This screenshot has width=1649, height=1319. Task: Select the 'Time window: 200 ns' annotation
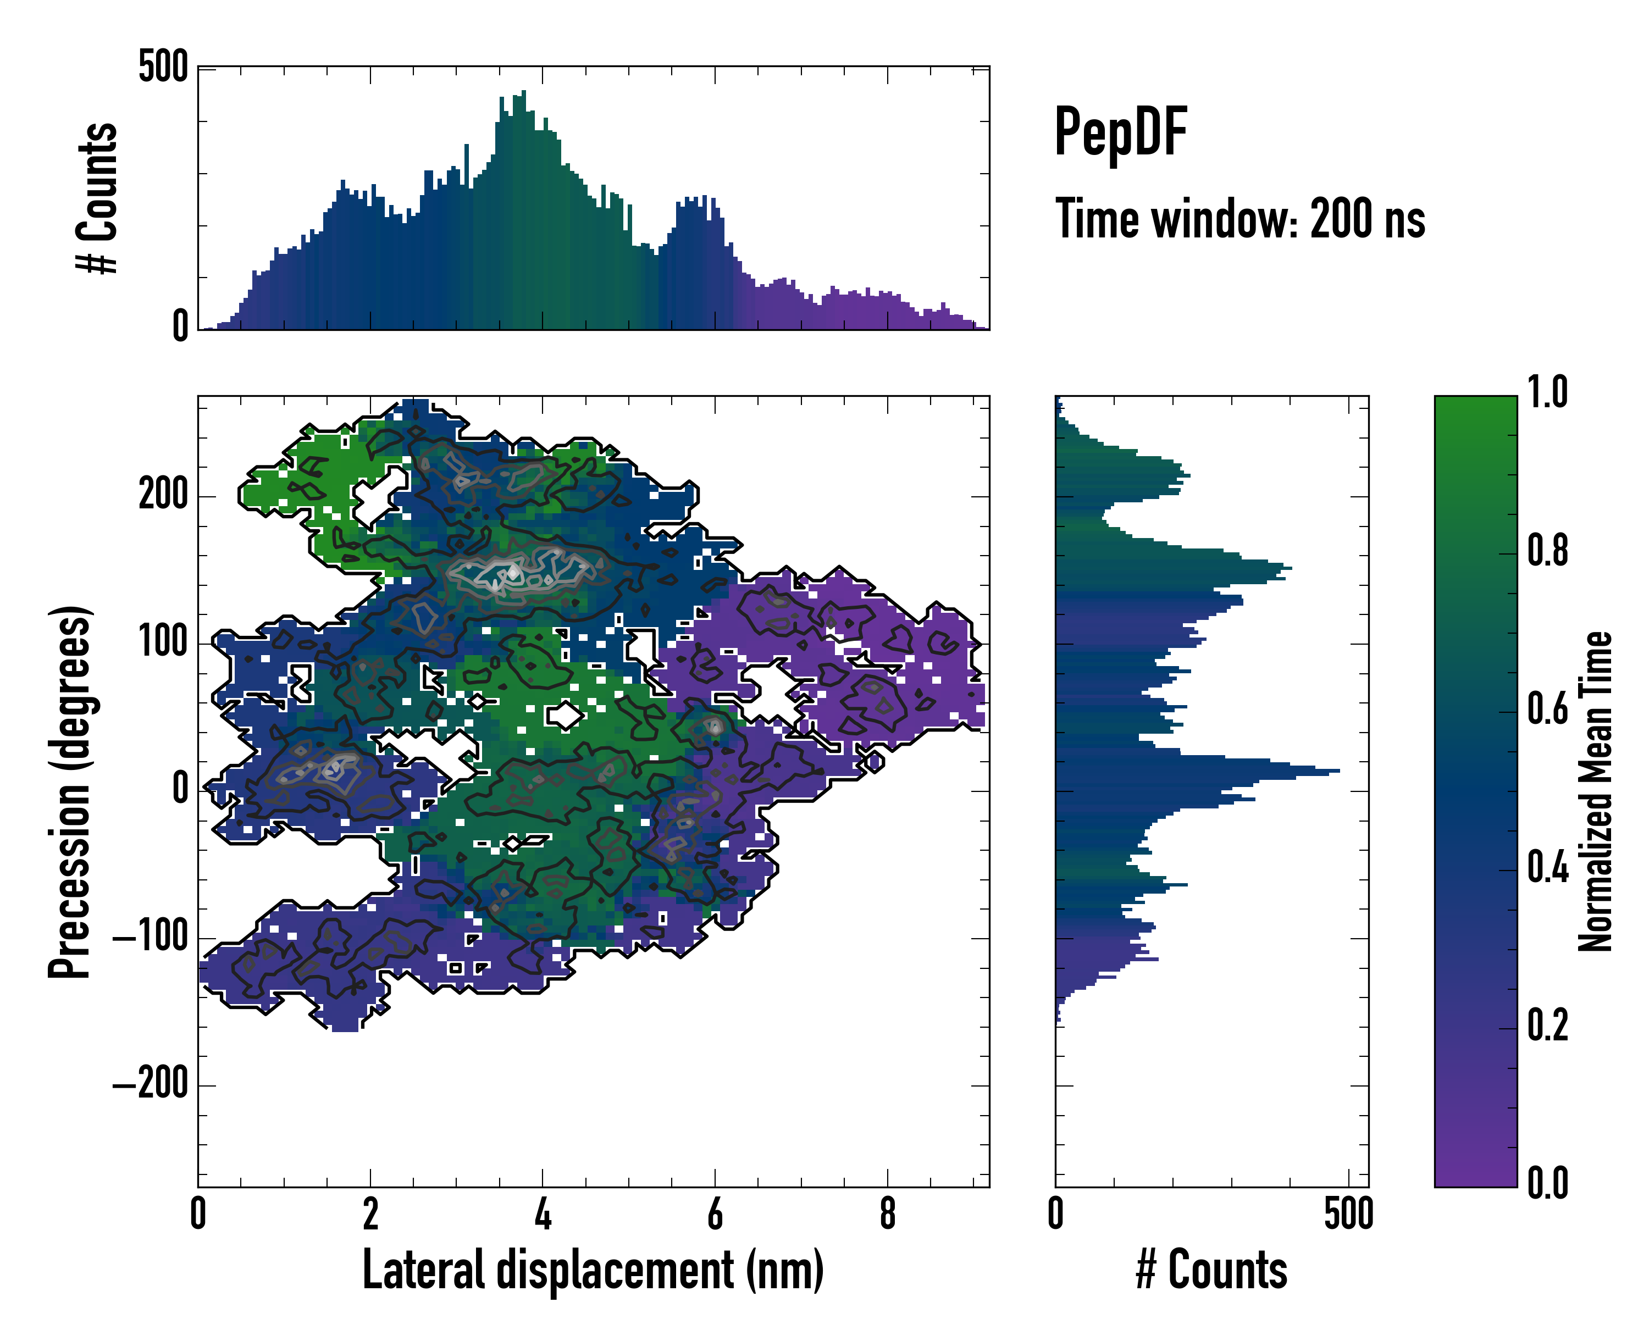(x=1240, y=219)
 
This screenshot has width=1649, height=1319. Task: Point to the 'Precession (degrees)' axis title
(x=70, y=791)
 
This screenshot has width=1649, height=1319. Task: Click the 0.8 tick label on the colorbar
(x=1547, y=551)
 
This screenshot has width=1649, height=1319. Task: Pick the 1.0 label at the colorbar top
(x=1547, y=392)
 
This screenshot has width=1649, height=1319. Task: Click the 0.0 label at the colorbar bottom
(x=1547, y=1183)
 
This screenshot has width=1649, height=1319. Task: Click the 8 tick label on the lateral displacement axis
(x=887, y=1214)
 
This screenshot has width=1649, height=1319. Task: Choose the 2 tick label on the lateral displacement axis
(x=370, y=1214)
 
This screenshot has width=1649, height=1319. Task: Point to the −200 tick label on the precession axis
(x=150, y=1084)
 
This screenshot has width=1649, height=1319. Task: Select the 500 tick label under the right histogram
(x=1348, y=1214)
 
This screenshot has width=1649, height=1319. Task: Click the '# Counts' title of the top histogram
(x=97, y=198)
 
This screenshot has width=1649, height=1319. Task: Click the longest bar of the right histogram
(x=1335, y=771)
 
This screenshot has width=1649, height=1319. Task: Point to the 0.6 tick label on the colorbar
(x=1547, y=709)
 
